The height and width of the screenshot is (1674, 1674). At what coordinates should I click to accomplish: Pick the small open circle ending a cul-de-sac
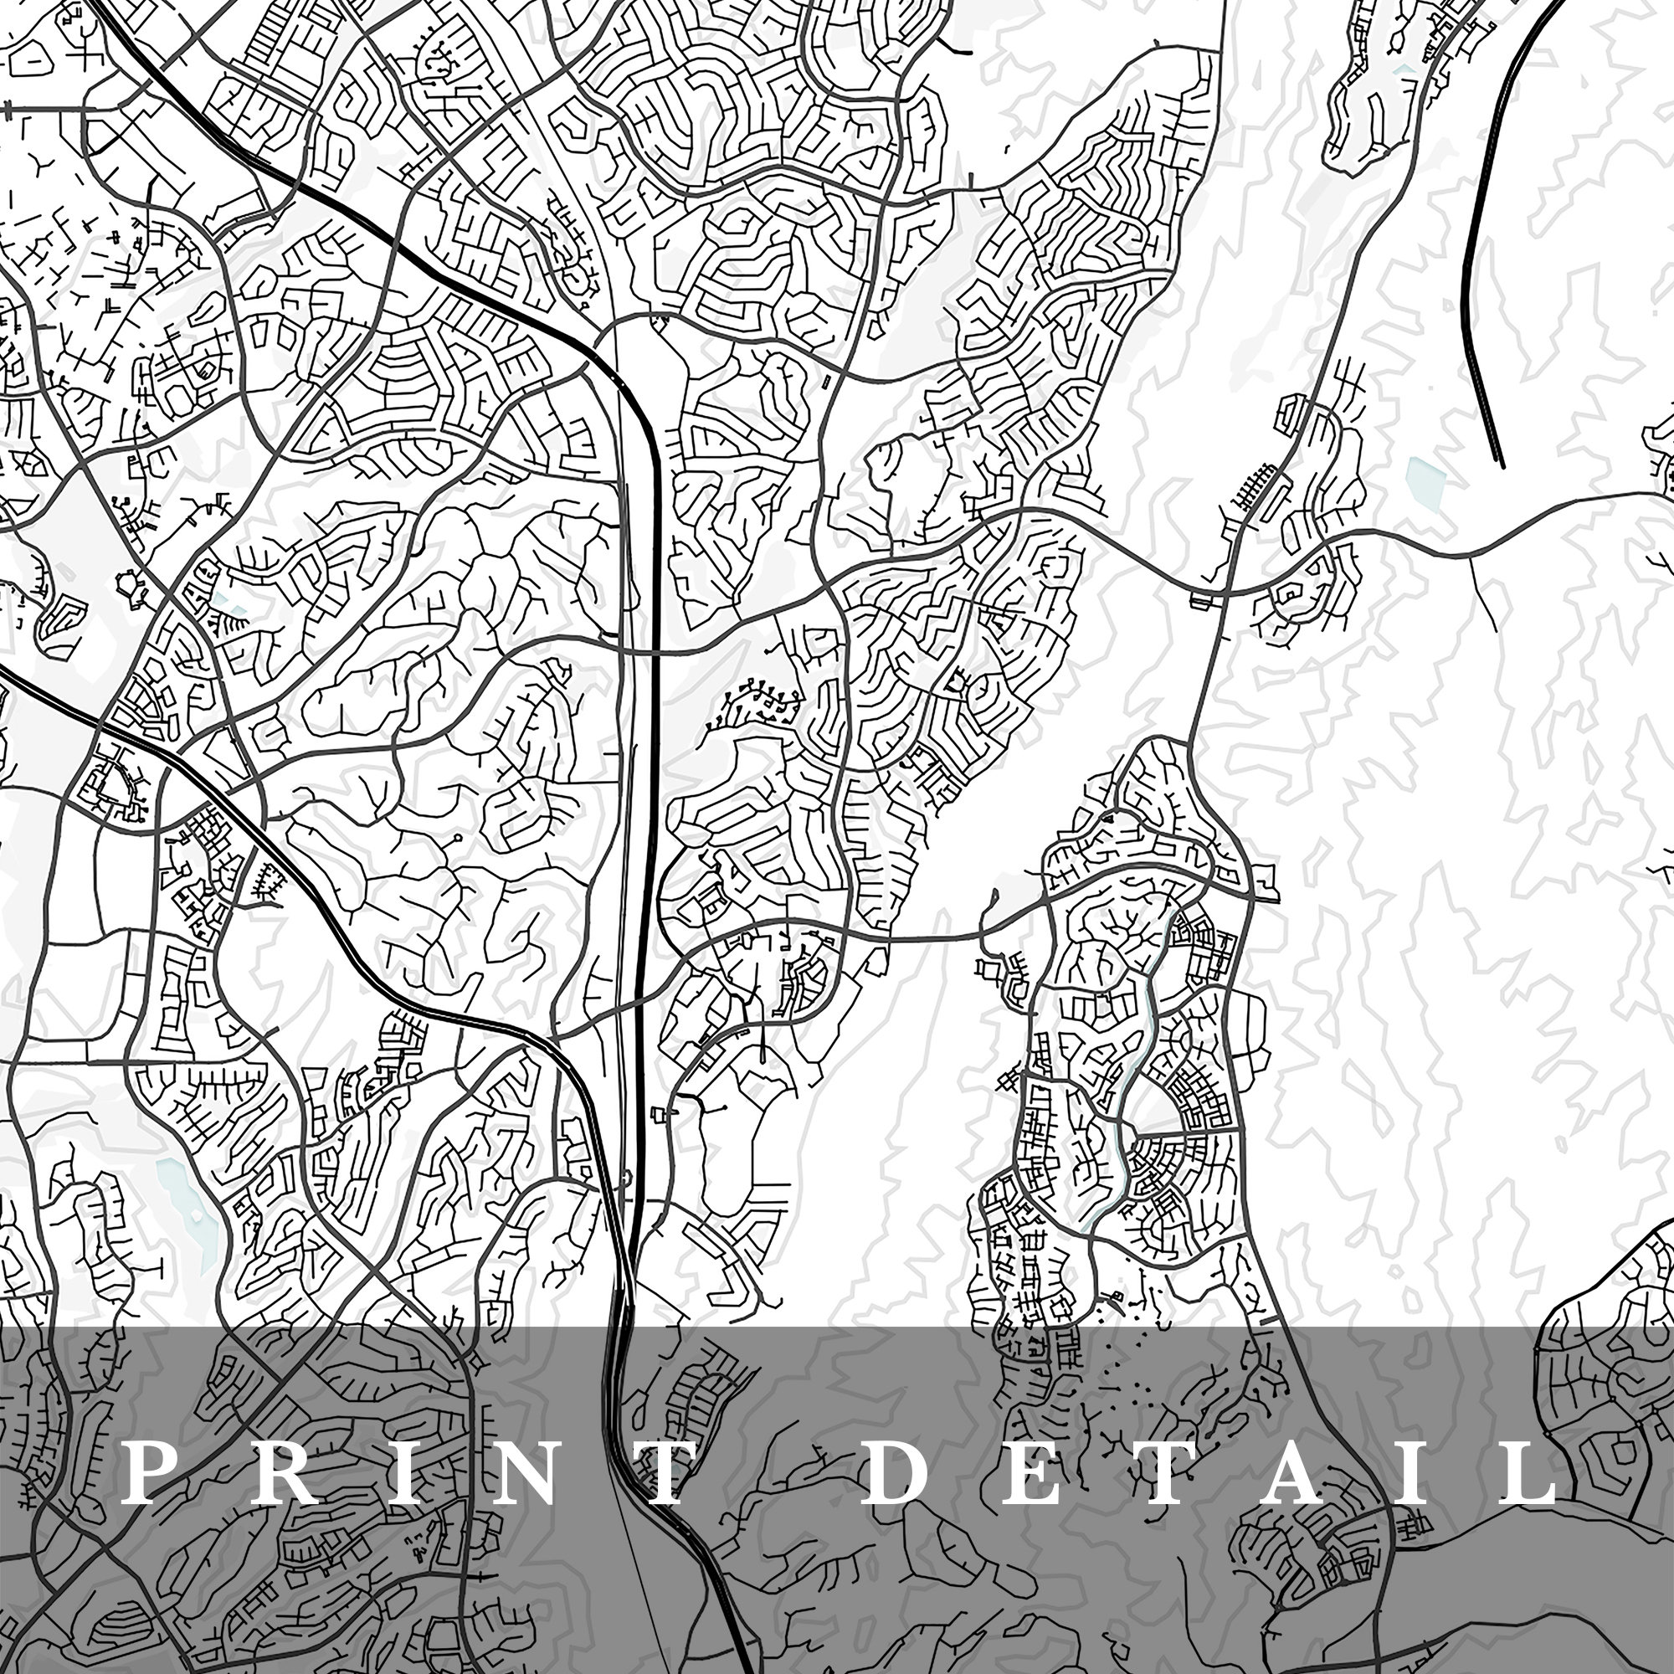coord(458,838)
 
